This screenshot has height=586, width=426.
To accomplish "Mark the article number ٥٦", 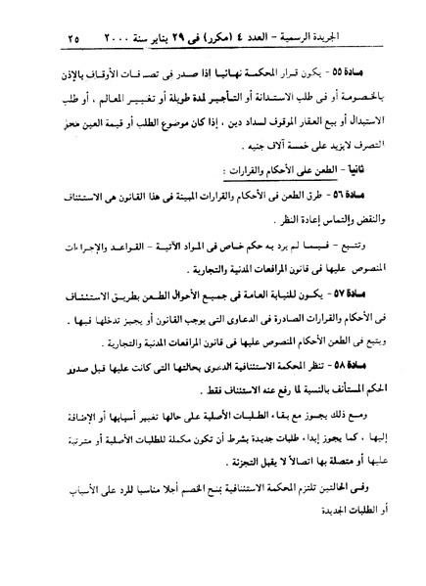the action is [x=353, y=197].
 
